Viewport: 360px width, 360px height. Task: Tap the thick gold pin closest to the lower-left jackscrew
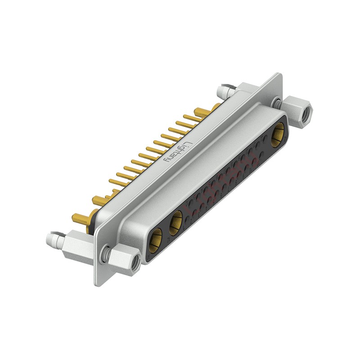pos(81,219)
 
